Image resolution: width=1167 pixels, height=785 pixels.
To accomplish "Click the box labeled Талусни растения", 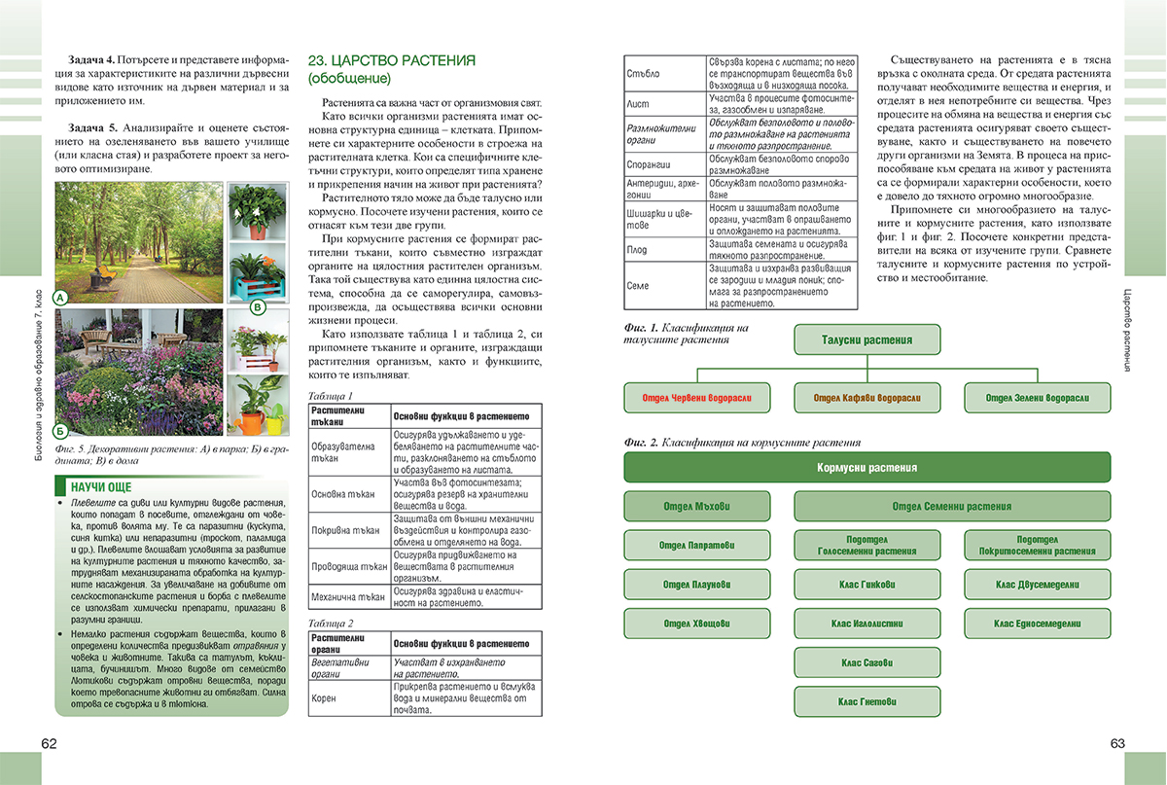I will point(867,340).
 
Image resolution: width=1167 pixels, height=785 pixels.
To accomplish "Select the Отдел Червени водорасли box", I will point(696,398).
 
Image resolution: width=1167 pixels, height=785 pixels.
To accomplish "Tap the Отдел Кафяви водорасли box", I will point(867,398).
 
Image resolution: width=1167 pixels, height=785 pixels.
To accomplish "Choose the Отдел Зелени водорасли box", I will point(1038,398).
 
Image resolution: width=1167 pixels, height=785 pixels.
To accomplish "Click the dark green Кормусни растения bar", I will point(867,468).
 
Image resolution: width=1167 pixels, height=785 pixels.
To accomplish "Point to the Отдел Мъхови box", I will point(696,507).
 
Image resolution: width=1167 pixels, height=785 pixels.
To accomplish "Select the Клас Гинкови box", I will point(867,585).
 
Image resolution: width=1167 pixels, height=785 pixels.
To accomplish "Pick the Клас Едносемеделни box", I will point(1038,624).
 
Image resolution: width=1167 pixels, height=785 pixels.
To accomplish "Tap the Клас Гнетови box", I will point(867,700).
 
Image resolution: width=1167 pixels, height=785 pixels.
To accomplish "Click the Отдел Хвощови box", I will point(696,624).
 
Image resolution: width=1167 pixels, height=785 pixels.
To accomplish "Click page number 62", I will point(50,744).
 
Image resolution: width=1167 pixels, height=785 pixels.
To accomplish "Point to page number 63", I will point(1116,744).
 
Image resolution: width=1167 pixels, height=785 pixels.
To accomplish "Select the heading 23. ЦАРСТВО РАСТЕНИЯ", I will point(391,60).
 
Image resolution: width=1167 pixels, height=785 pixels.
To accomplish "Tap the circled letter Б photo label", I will point(60,430).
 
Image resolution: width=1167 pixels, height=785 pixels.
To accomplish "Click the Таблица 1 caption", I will point(329,396).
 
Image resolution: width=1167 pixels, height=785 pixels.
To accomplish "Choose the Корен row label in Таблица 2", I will point(324,698).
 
